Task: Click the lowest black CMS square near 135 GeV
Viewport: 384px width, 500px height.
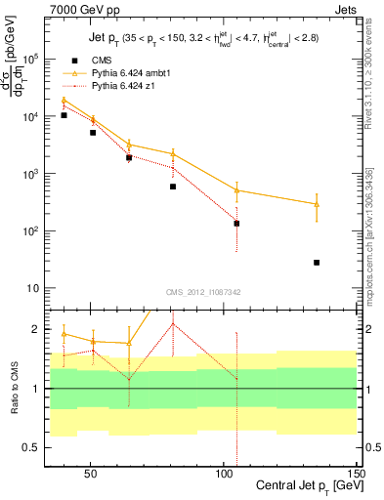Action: (x=317, y=263)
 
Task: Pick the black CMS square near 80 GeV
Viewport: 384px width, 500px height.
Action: (x=173, y=187)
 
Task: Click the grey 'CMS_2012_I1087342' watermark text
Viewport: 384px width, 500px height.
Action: (x=201, y=292)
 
